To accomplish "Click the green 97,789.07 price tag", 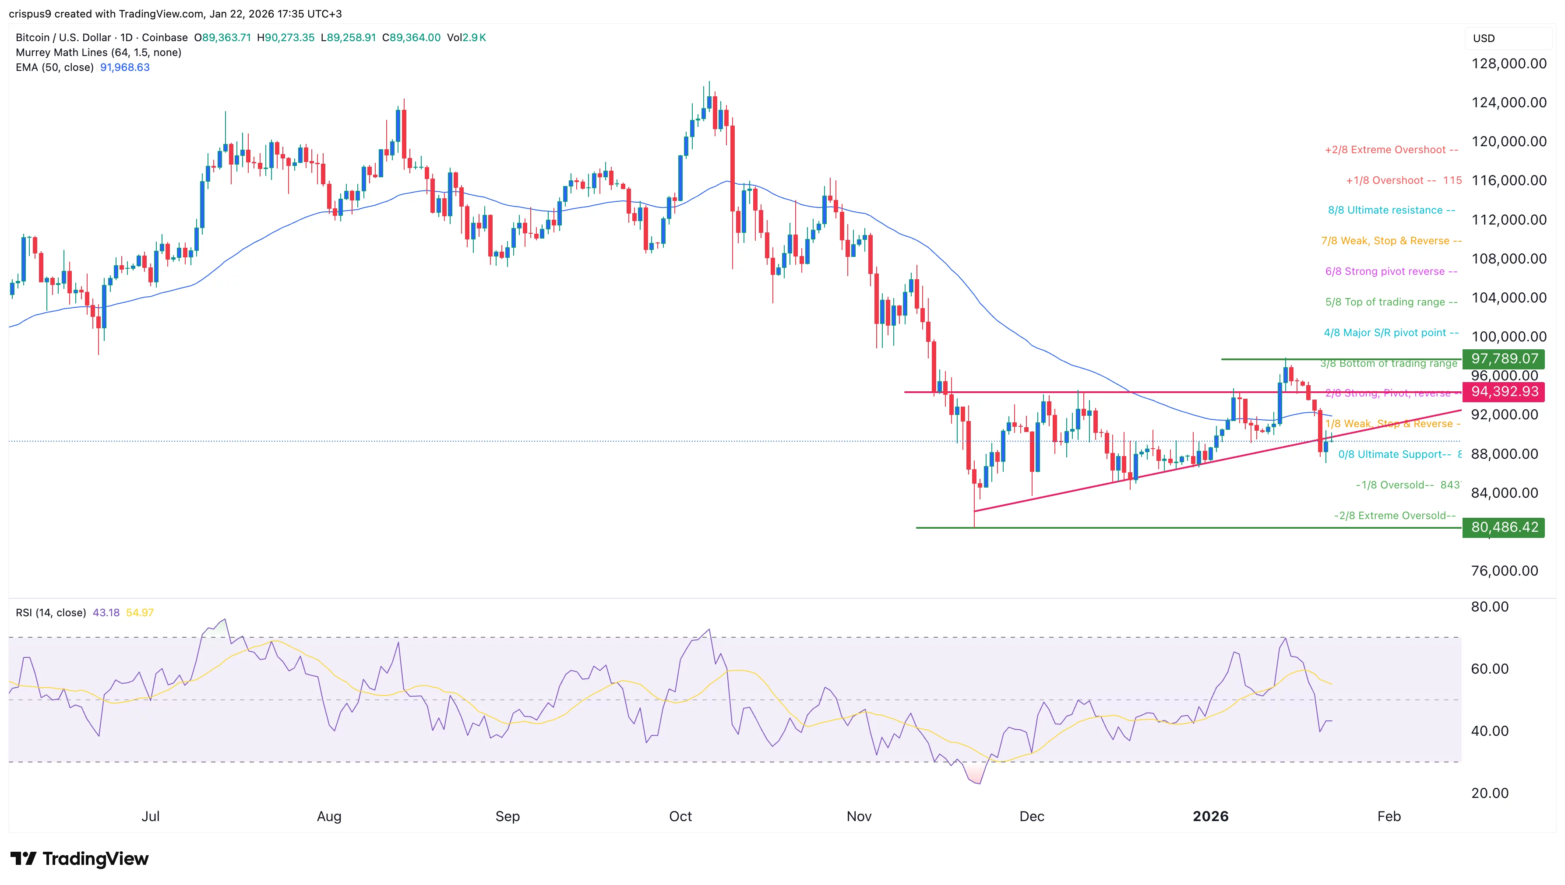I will [1504, 358].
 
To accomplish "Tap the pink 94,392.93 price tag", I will [1504, 391].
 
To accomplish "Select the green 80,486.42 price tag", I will [1504, 527].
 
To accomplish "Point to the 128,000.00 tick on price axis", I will [1509, 63].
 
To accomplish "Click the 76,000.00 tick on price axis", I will [1504, 571].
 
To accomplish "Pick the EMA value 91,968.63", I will [125, 67].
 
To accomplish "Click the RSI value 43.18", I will [106, 613].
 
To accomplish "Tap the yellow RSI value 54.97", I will [140, 613].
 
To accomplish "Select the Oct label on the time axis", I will [680, 816].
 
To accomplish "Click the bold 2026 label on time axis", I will [1210, 816].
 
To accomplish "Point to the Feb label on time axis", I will [1389, 816].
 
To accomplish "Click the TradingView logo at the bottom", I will [80, 858].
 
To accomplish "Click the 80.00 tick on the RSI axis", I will [1489, 607].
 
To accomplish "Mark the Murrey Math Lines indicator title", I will [99, 52].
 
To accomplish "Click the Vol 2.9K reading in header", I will [466, 38].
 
